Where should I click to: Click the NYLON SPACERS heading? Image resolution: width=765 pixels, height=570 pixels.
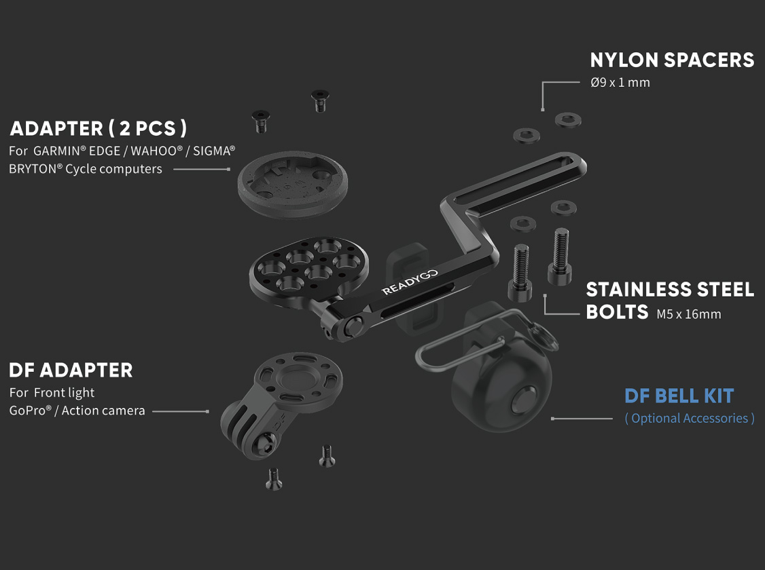(x=672, y=60)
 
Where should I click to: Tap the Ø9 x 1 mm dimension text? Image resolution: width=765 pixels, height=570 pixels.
(x=620, y=82)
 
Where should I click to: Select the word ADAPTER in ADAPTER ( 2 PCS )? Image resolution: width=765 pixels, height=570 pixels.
(x=56, y=129)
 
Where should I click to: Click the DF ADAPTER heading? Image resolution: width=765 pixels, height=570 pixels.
(x=71, y=370)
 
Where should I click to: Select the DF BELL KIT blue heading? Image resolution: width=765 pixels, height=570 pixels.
(x=679, y=396)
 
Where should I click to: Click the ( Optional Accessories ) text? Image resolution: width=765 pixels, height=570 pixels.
(x=690, y=418)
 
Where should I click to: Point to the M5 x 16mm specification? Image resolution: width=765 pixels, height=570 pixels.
(x=688, y=314)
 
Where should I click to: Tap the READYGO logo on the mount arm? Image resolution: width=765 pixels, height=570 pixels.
(x=410, y=282)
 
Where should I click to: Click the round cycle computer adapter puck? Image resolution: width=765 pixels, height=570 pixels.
(x=293, y=183)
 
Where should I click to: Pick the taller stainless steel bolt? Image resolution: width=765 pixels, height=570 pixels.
(x=560, y=256)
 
